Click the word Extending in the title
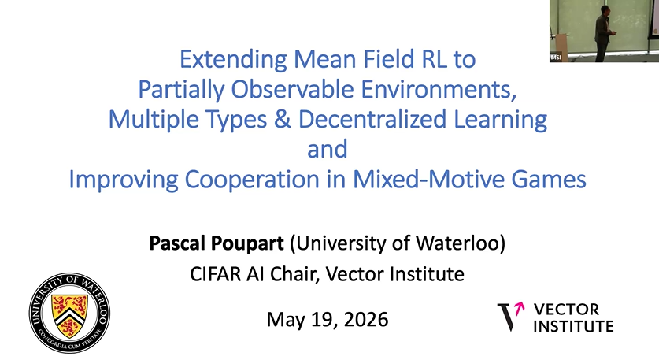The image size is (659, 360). [x=233, y=60]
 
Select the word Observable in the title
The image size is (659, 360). [x=292, y=89]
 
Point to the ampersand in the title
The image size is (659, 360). [x=283, y=119]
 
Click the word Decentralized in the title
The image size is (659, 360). [x=372, y=119]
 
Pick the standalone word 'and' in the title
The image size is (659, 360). [x=328, y=150]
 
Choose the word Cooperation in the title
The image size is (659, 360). [x=252, y=180]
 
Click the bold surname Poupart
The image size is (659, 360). [x=247, y=244]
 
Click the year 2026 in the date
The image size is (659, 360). [x=365, y=320]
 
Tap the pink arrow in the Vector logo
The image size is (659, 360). [x=520, y=308]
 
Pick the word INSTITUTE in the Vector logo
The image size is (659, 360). [x=574, y=326]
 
